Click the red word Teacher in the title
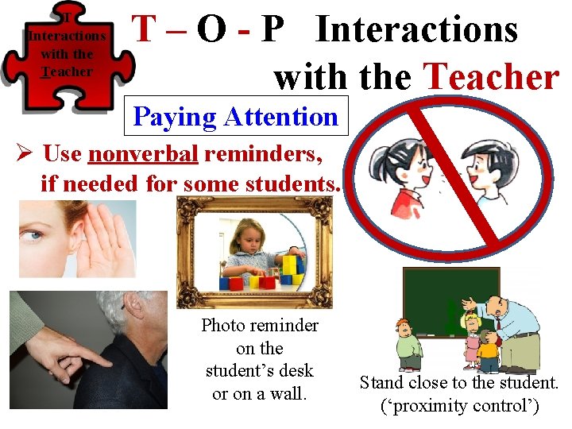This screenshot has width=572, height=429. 493,76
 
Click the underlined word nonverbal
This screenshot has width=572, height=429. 143,153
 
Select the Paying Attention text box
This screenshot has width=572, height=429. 236,117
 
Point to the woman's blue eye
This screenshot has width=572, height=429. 32,235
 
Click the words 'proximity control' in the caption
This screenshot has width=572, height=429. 460,406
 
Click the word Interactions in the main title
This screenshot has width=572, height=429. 417,30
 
